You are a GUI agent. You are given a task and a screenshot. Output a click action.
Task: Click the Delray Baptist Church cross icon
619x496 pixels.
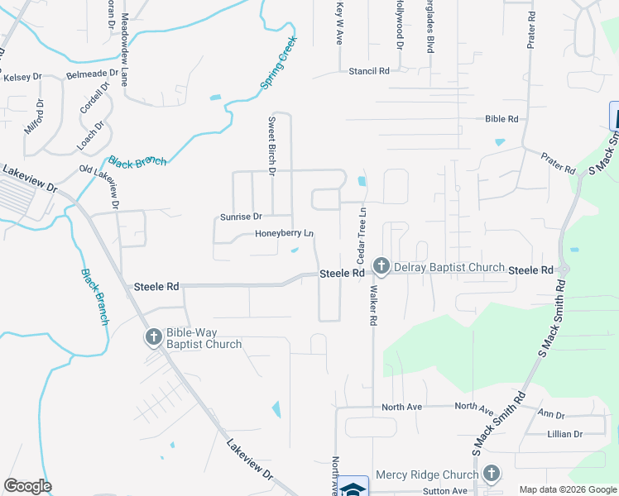coord(381,266)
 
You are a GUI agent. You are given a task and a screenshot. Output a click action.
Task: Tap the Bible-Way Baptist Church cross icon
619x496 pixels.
coord(154,337)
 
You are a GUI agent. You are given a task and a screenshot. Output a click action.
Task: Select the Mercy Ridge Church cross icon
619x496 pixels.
coord(492,474)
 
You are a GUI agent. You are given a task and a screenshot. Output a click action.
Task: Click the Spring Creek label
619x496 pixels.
coord(279,62)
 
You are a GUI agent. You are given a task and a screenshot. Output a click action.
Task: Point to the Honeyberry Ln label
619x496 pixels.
coord(284,233)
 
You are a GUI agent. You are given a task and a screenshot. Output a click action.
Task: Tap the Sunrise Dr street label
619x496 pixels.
coord(241,217)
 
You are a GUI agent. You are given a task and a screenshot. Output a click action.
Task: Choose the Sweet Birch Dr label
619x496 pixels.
coord(271,145)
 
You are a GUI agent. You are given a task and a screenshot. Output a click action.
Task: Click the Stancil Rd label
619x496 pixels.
coord(368,72)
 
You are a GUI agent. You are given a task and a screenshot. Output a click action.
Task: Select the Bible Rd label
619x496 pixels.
coord(502,119)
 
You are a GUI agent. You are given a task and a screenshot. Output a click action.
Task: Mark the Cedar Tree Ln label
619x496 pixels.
coord(362,236)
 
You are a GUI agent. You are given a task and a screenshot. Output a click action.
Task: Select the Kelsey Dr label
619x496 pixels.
coord(22,77)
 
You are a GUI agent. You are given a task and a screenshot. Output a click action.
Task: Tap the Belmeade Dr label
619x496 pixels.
coord(87,74)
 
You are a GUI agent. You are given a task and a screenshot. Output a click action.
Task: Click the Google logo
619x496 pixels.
coord(27,486)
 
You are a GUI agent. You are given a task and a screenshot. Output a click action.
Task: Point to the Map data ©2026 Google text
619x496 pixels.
coord(568,489)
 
